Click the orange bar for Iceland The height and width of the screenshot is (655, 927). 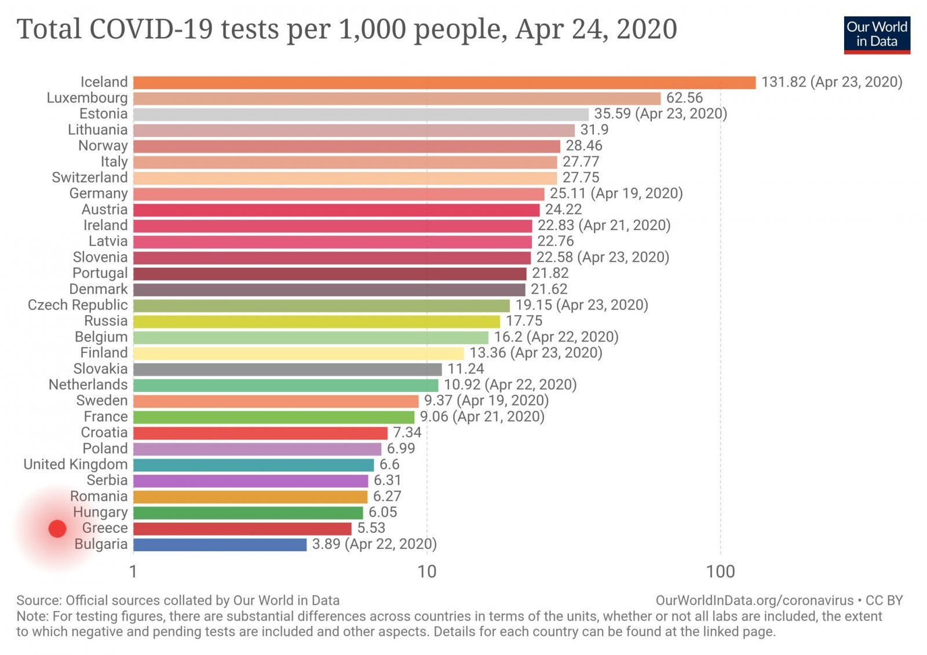click(x=444, y=82)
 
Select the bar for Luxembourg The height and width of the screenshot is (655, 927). click(x=397, y=98)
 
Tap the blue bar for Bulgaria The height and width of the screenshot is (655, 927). click(x=220, y=544)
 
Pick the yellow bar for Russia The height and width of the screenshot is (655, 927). click(x=316, y=321)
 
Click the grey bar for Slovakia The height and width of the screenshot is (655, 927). click(x=287, y=369)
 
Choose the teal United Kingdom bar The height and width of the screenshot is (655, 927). click(x=254, y=464)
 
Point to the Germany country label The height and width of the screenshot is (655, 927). click(x=98, y=194)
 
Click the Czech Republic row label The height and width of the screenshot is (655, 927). click(x=78, y=305)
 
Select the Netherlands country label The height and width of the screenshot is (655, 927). click(x=88, y=384)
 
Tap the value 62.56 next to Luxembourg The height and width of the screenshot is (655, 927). click(x=684, y=98)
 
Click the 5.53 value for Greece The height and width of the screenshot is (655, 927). click(x=371, y=528)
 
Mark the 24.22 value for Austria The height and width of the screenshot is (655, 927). click(x=563, y=209)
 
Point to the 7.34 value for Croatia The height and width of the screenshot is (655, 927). click(x=407, y=432)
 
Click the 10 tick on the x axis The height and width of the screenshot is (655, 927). click(x=427, y=572)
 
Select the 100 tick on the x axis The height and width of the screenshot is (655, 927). click(x=720, y=572)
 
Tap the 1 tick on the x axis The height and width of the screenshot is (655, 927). click(x=133, y=572)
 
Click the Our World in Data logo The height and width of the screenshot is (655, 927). click(x=877, y=35)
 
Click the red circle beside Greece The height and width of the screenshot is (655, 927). click(x=57, y=529)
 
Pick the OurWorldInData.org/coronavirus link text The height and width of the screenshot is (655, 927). click(x=754, y=600)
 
